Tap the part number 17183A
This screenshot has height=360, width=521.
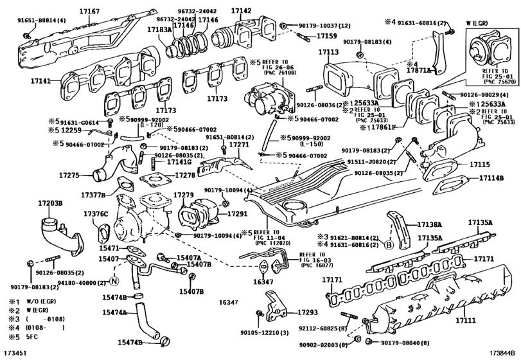pyautogui.click(x=159, y=30)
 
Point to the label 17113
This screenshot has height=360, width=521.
pyautogui.click(x=328, y=52)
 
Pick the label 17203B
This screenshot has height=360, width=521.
pyautogui.click(x=49, y=203)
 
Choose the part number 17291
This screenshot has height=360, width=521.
pyautogui.click(x=238, y=212)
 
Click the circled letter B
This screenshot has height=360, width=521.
pyautogui.click(x=388, y=244)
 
